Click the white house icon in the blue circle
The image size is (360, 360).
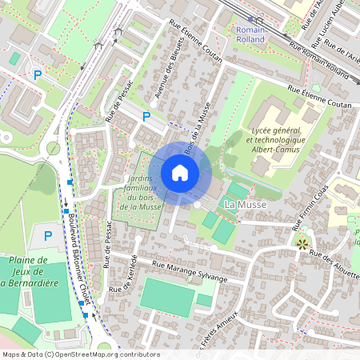180,172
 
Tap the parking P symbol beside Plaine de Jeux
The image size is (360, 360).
48,236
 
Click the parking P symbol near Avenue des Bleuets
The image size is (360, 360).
146,117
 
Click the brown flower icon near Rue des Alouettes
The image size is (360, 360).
302,242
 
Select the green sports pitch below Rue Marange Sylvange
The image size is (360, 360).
167,295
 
